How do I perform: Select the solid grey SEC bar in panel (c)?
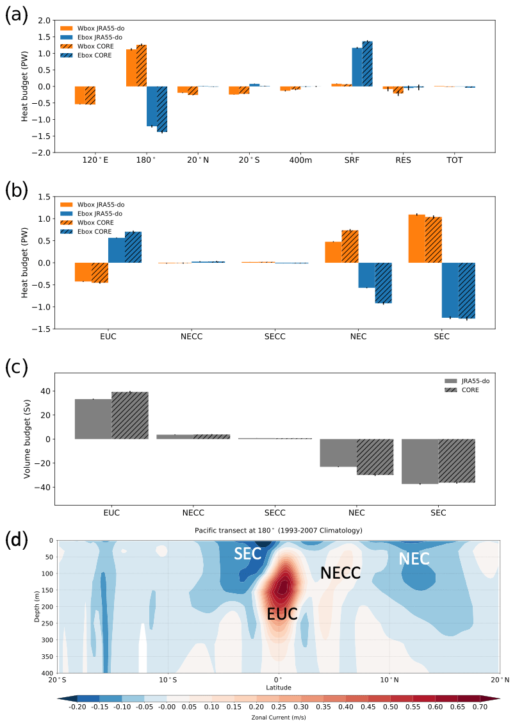point(420,461)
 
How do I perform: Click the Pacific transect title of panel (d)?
point(278,531)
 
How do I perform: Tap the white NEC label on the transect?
point(414,559)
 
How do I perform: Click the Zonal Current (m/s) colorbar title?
point(278,719)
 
